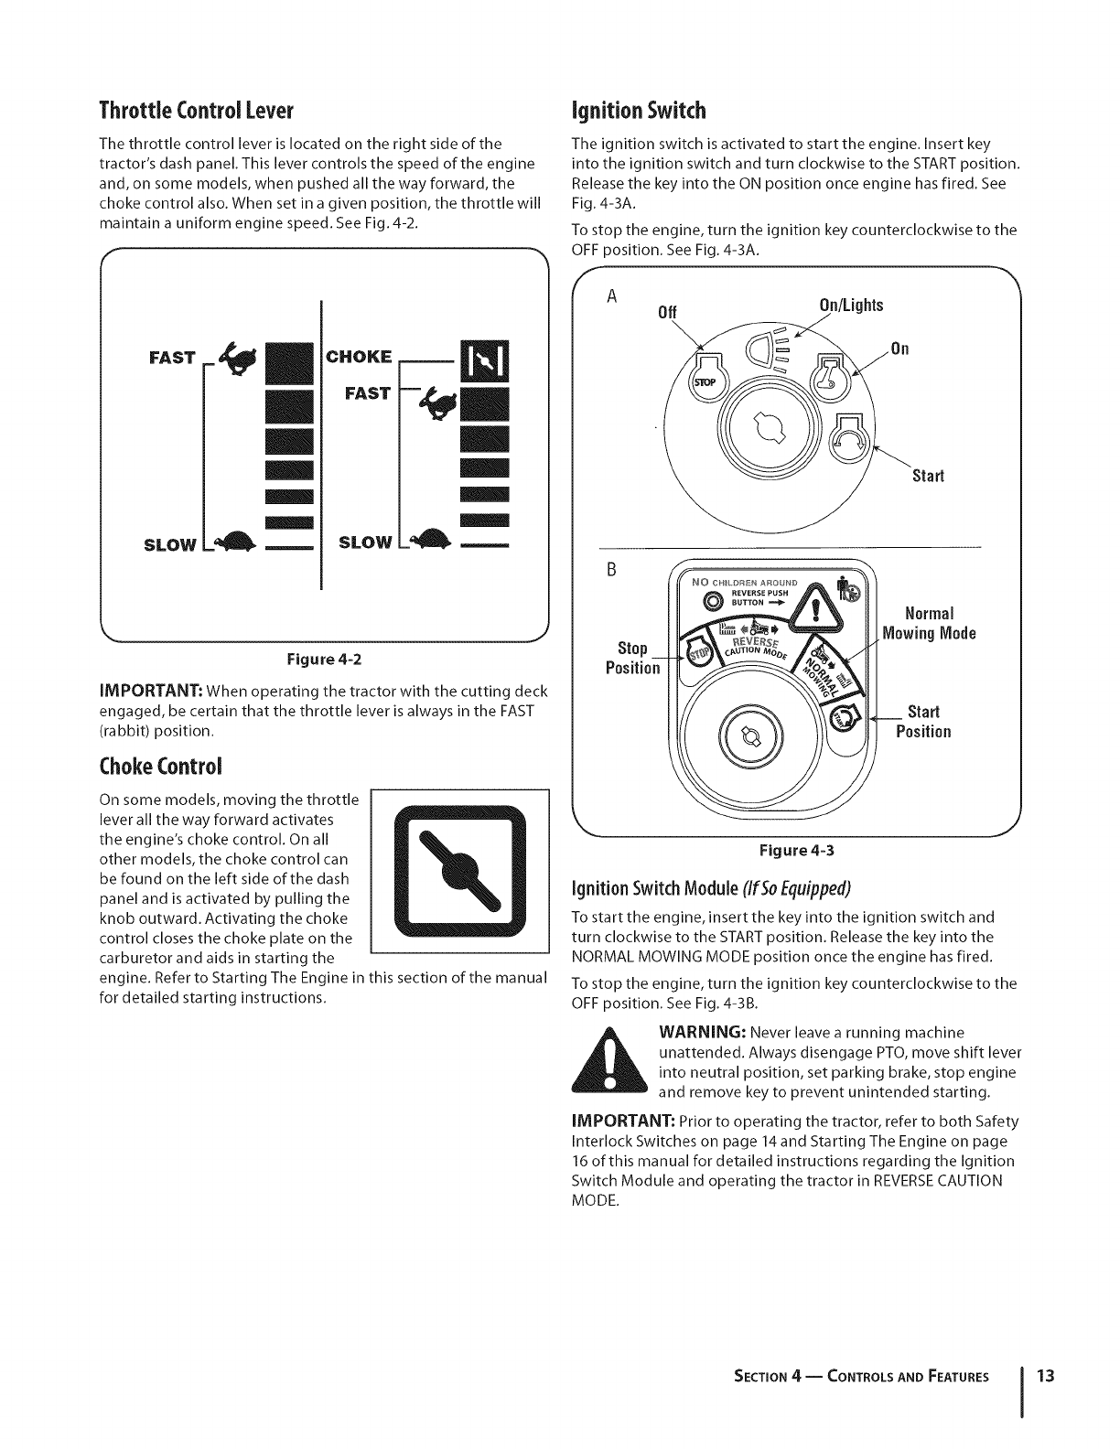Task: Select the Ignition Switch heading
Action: (639, 112)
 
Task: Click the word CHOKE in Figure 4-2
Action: (359, 356)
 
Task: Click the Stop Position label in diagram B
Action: (632, 658)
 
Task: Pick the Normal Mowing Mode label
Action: (928, 622)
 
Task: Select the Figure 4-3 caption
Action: (796, 850)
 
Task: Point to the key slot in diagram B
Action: (748, 735)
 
